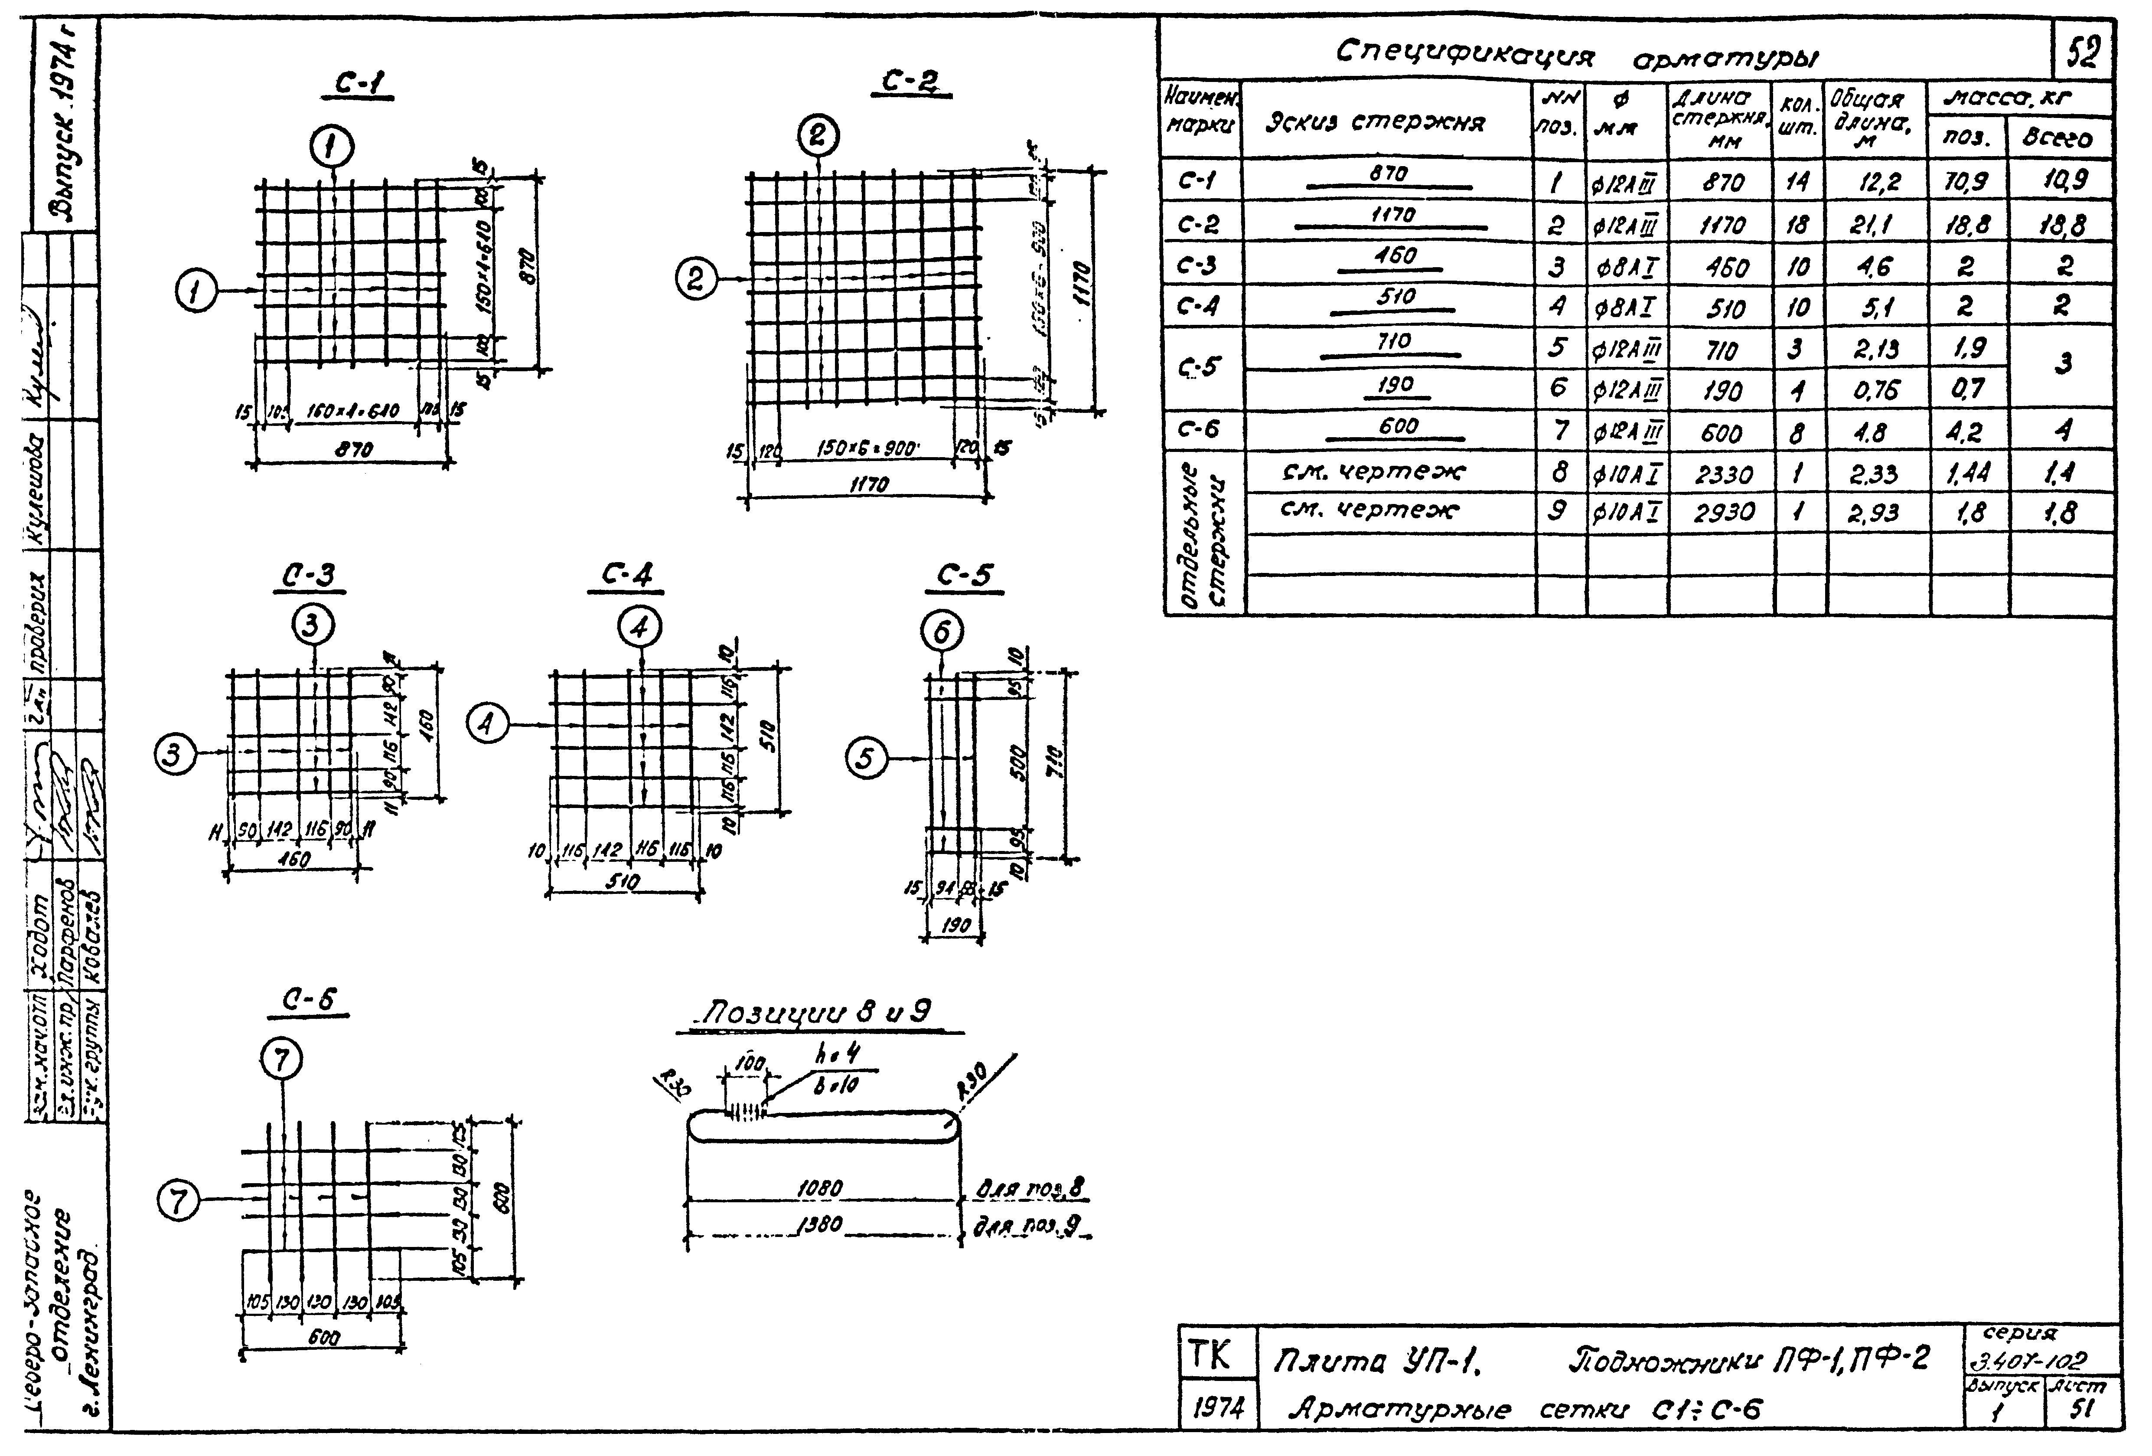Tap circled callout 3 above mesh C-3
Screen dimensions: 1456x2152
click(313, 626)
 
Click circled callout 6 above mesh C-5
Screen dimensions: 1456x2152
click(942, 631)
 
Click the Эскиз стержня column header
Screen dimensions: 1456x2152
click(1375, 122)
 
